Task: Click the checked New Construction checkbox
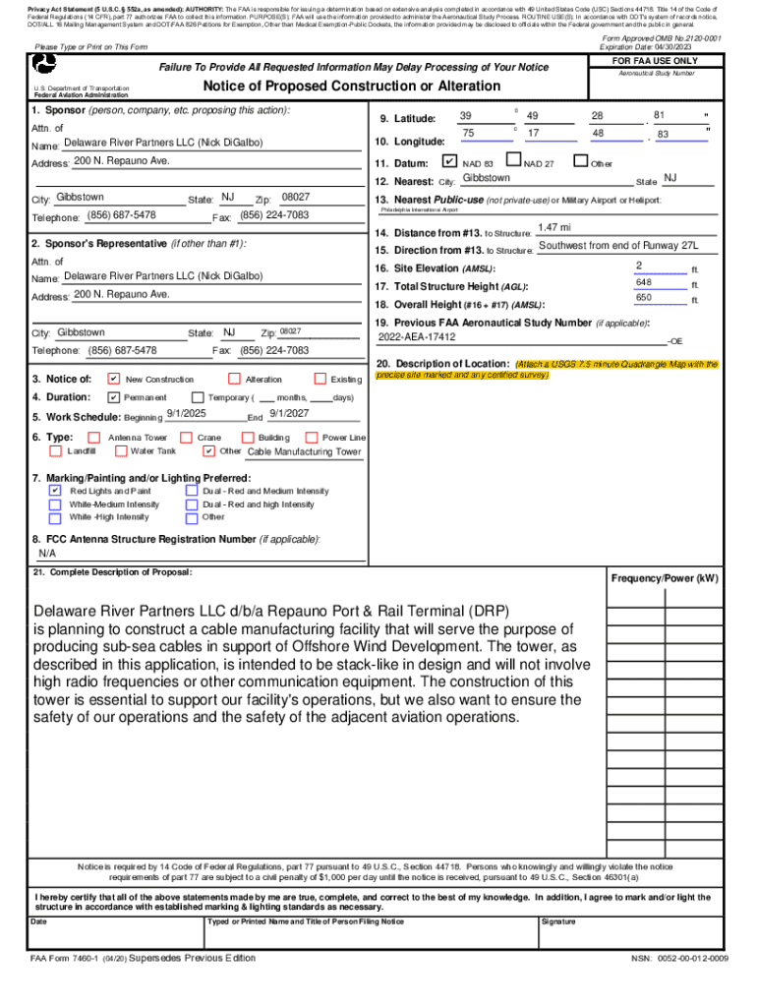114,379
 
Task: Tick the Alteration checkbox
234,379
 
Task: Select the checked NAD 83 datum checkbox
449,161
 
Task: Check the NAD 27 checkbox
512,161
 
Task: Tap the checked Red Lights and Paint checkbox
55,490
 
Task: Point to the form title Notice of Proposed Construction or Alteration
337,87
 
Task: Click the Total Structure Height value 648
644,283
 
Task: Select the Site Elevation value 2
639,267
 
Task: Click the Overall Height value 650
644,298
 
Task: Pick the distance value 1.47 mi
555,228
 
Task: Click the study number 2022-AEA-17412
417,336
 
